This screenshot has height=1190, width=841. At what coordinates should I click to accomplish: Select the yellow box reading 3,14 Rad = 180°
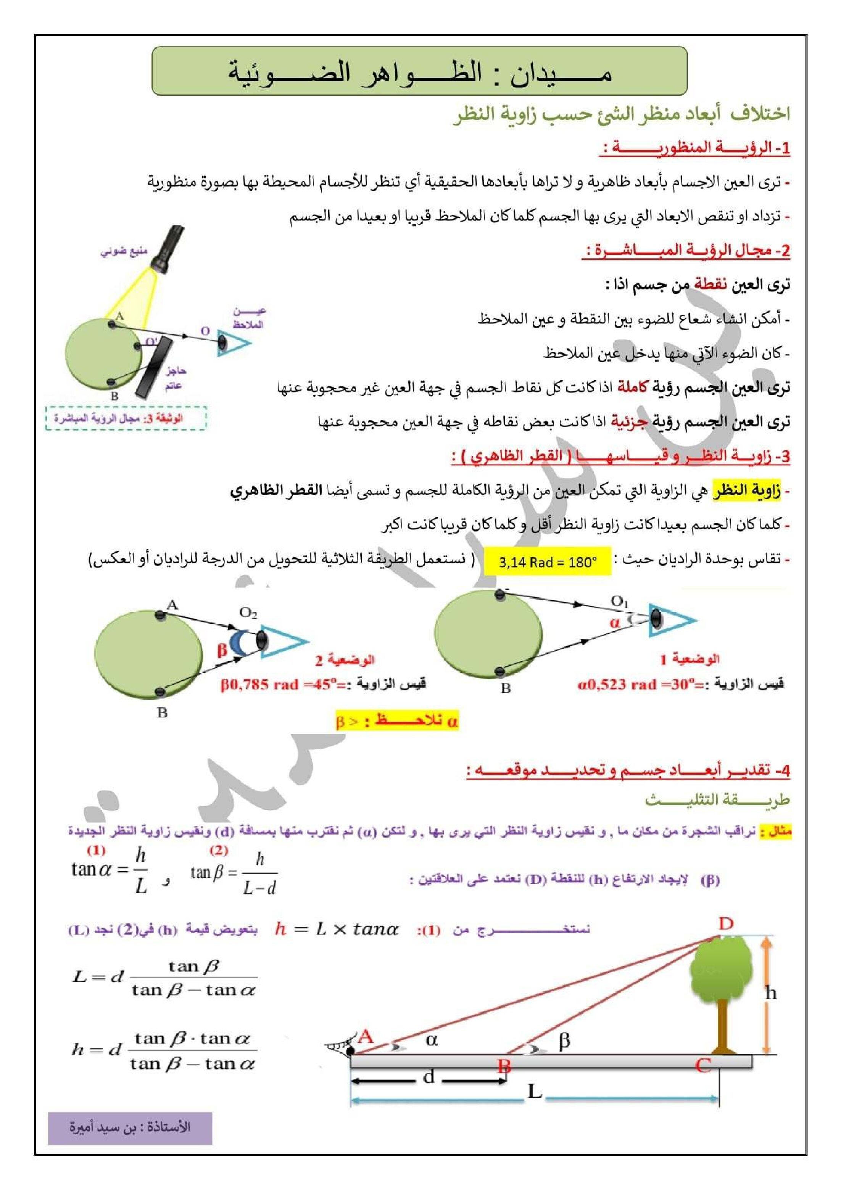(548, 561)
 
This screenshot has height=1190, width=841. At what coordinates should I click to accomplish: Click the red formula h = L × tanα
(337, 929)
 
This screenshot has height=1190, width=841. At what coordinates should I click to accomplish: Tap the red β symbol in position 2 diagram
(222, 650)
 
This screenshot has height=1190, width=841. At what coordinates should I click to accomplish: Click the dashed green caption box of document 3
(126, 418)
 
